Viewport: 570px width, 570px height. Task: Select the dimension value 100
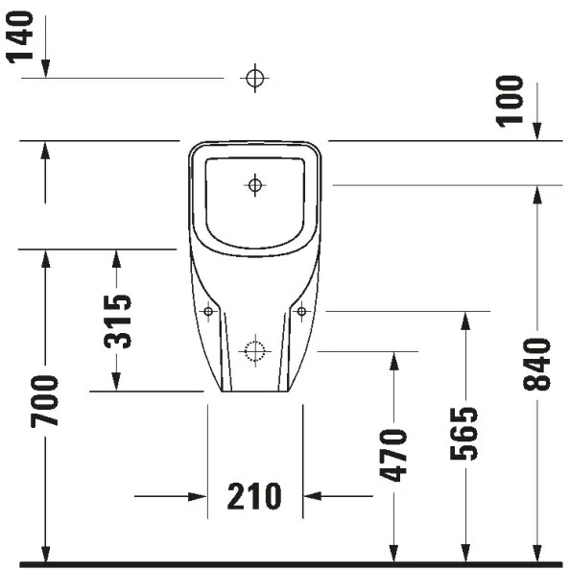click(x=512, y=101)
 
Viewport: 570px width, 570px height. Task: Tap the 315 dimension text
click(x=117, y=321)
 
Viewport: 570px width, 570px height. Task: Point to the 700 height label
click(x=44, y=401)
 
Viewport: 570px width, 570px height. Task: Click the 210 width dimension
click(x=254, y=496)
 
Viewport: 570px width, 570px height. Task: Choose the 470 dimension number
click(x=393, y=455)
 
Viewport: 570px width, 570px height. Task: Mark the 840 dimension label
click(x=537, y=365)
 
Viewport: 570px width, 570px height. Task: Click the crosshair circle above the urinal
click(x=254, y=78)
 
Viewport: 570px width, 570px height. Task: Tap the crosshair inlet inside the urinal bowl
click(x=254, y=184)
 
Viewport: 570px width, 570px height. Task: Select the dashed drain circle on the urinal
click(x=254, y=351)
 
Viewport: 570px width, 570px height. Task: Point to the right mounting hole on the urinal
click(x=300, y=311)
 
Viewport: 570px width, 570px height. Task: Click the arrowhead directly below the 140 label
click(x=44, y=69)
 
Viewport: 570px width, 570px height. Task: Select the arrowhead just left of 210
click(x=199, y=496)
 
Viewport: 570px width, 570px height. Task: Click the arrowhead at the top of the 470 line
click(x=392, y=360)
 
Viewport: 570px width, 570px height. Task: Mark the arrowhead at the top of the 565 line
click(x=464, y=320)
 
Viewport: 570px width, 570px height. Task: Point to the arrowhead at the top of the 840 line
click(x=537, y=192)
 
